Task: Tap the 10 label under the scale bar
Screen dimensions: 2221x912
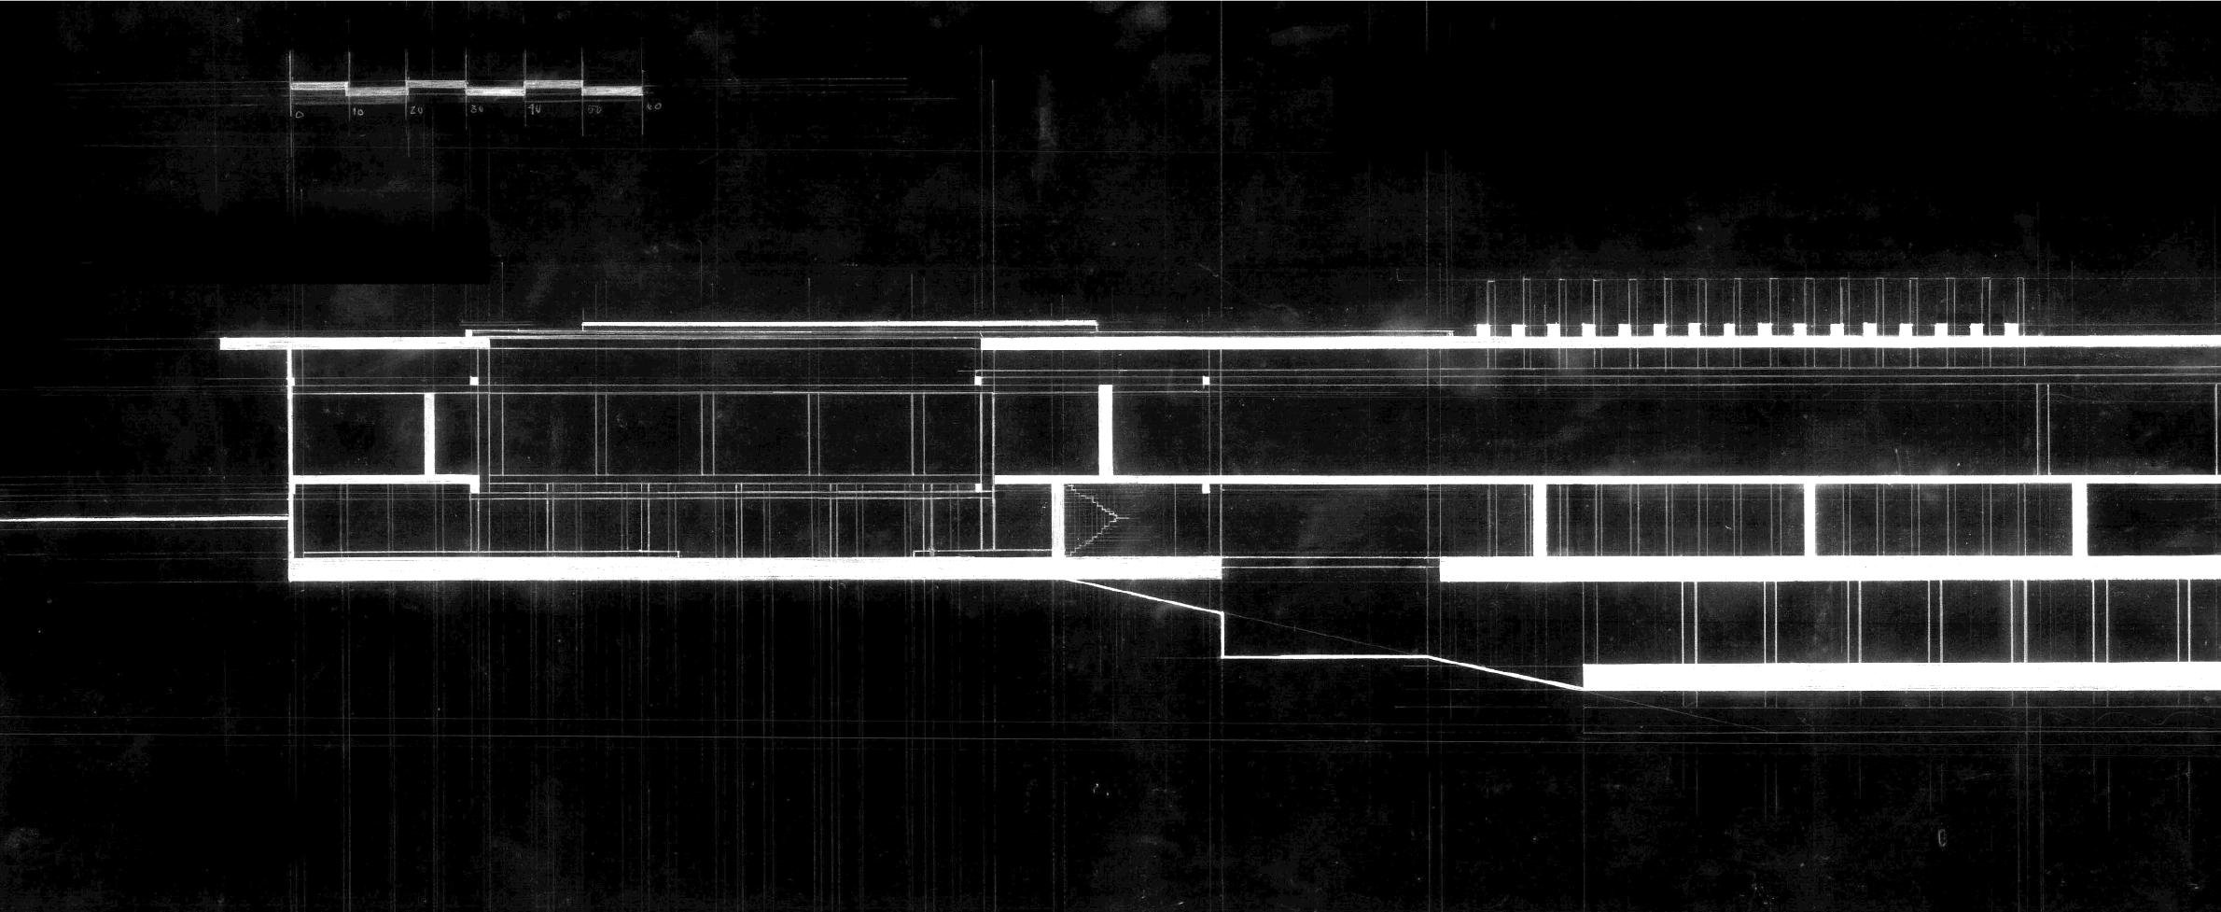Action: coord(358,112)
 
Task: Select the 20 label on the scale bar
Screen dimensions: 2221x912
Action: coord(416,110)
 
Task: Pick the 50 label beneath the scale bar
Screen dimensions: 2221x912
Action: coord(594,109)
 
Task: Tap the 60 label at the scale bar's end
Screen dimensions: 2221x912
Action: coord(653,106)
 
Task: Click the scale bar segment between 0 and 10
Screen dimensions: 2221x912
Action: coord(319,87)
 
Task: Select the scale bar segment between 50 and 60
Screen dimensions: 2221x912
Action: coord(612,91)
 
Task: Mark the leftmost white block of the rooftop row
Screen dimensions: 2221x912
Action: coord(1484,330)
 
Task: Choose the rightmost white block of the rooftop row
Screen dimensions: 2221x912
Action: coord(2009,330)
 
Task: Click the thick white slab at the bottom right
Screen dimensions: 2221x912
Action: coord(1894,677)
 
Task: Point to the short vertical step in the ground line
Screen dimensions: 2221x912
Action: coord(1222,635)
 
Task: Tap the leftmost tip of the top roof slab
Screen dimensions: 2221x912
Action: coord(222,344)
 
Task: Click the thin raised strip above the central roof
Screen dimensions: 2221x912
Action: coord(840,325)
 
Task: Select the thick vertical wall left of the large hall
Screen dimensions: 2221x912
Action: coord(429,434)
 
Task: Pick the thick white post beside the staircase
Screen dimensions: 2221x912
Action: coord(1058,520)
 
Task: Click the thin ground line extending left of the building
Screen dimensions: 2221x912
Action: coord(140,519)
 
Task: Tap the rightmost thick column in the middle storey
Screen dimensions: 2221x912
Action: coord(2079,520)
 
